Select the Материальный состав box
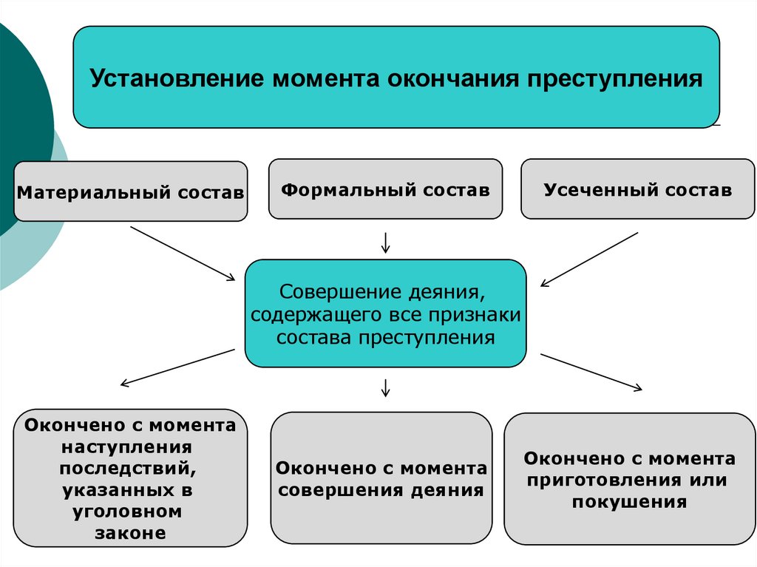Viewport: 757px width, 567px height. (x=130, y=192)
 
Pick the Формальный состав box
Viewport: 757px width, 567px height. (x=385, y=189)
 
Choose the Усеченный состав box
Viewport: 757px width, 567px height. (x=637, y=189)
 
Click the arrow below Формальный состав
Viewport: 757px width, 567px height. (x=385, y=242)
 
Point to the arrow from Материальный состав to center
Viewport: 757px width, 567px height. (x=182, y=252)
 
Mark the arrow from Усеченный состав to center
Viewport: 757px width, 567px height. (x=589, y=259)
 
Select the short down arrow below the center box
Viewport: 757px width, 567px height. (x=385, y=387)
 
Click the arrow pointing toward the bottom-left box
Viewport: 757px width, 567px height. (x=177, y=367)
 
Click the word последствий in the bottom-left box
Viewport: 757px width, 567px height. (x=129, y=469)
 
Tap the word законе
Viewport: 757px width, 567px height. (x=130, y=533)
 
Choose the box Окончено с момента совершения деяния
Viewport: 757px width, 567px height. (x=381, y=478)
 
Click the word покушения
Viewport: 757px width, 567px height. (x=629, y=502)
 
